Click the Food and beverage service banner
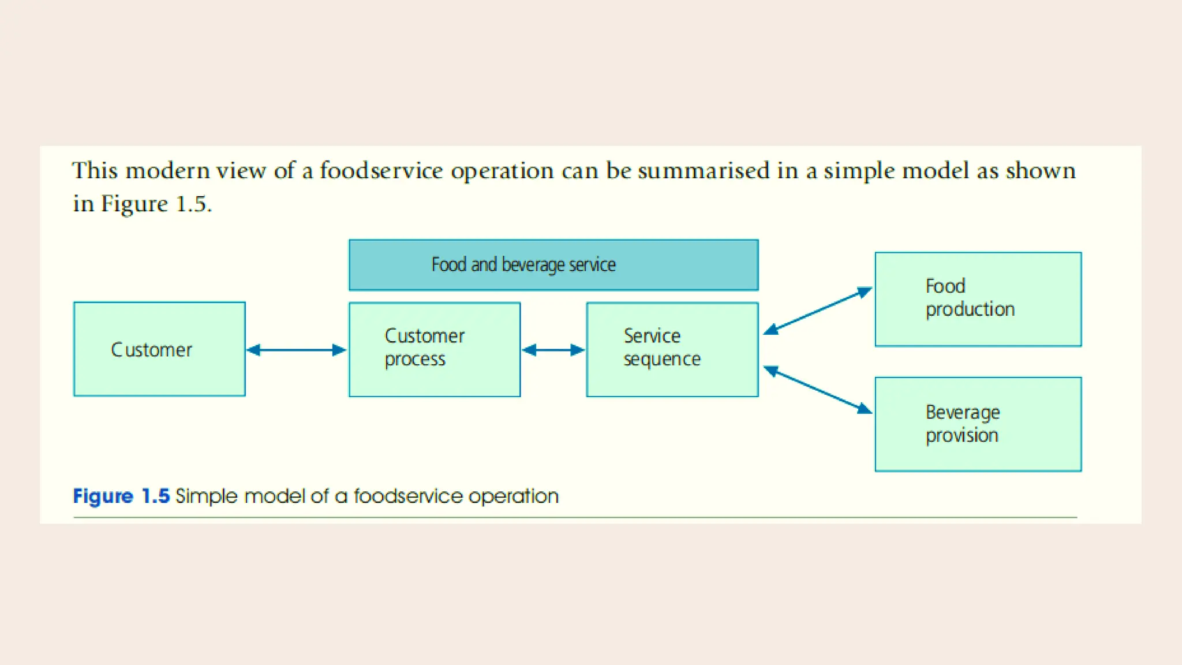[553, 265]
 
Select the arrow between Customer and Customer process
[296, 350]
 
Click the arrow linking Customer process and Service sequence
[553, 350]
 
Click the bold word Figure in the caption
[103, 496]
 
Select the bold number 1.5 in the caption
[155, 496]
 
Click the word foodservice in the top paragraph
[381, 171]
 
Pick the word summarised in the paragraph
[704, 171]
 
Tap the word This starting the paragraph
[95, 171]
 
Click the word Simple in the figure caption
[206, 496]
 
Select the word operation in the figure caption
[513, 496]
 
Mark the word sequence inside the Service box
[662, 360]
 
